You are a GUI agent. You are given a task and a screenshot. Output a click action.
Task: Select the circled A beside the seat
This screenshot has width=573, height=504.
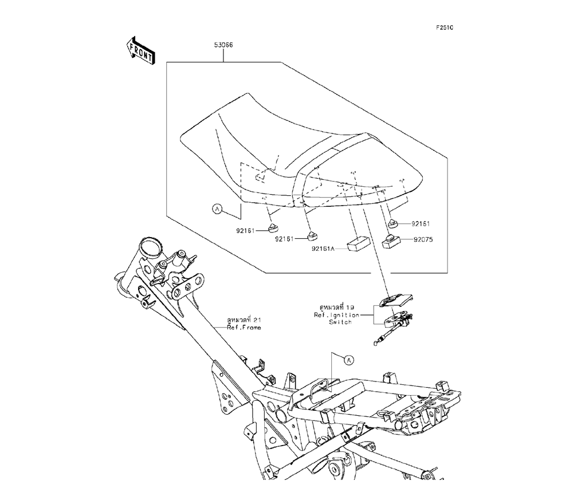point(217,210)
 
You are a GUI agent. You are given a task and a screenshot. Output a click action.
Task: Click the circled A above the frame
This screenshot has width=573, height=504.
point(348,360)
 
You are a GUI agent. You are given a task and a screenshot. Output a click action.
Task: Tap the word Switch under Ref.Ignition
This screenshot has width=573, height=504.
point(340,322)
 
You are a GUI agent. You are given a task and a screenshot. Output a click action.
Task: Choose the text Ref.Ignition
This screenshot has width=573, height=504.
point(336,315)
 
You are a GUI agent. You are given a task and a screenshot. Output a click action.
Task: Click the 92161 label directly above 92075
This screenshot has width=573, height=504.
point(421,223)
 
